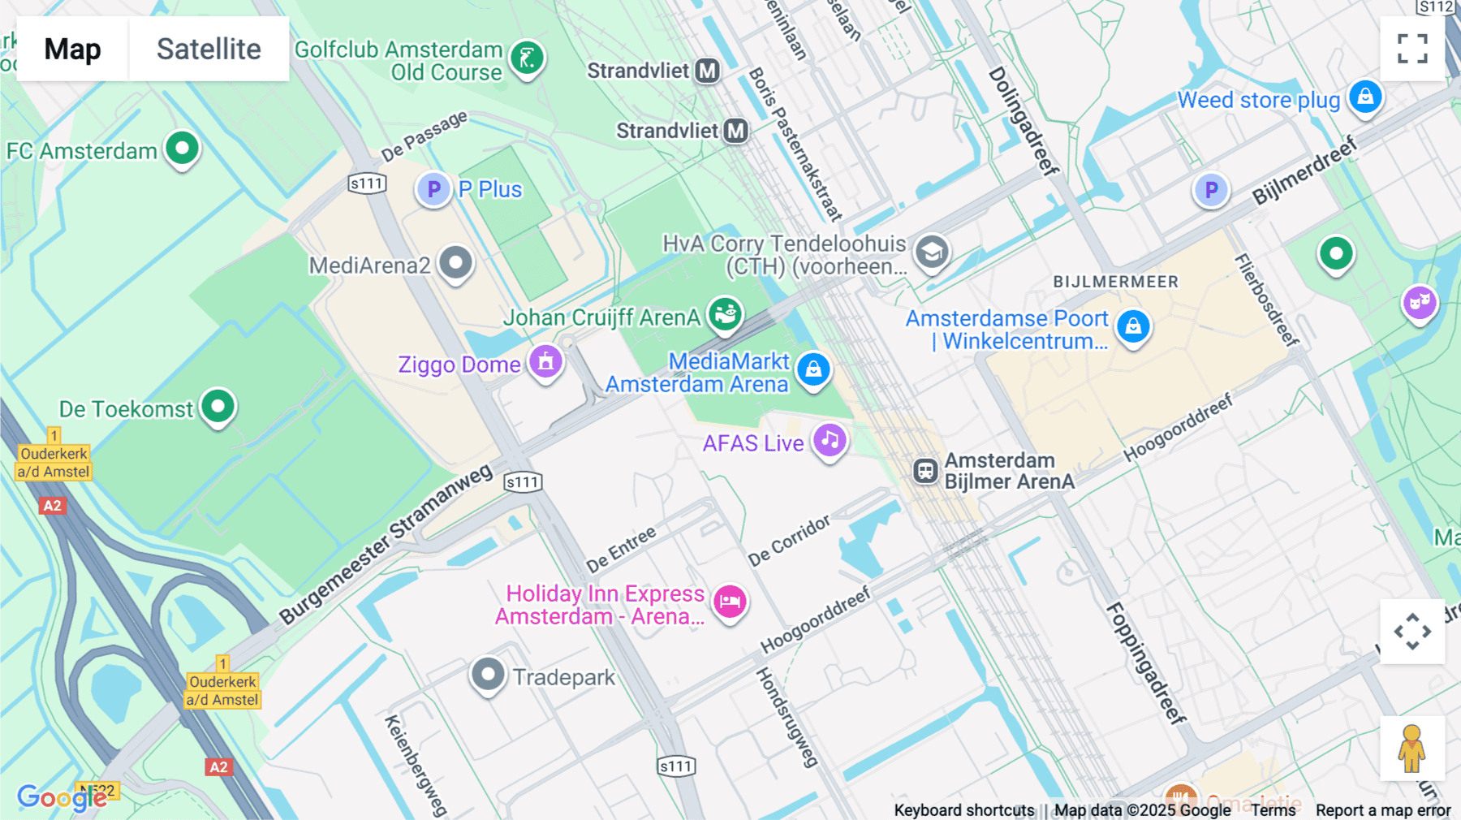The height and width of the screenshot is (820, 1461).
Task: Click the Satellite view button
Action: [x=209, y=49]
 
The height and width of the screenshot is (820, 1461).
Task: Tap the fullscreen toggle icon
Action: [x=1412, y=49]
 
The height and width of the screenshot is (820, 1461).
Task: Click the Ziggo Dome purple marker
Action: [x=545, y=361]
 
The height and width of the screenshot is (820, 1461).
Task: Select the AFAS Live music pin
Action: [x=830, y=441]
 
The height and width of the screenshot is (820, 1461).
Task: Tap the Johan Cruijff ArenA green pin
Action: [x=725, y=313]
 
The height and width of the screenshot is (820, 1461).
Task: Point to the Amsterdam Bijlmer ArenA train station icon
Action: [x=925, y=471]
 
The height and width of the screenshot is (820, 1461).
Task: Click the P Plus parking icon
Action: [x=434, y=190]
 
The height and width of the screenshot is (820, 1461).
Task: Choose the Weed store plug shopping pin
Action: [x=1365, y=97]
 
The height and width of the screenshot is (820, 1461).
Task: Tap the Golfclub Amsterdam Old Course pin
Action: [x=527, y=58]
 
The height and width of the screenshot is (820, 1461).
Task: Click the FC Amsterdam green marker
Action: [x=182, y=149]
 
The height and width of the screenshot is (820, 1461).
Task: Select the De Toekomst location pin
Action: [x=218, y=406]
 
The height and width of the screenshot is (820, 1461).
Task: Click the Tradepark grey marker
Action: [x=488, y=675]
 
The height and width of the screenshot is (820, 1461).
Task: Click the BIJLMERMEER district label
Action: [x=1115, y=282]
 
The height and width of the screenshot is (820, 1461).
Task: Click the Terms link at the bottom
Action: [x=1273, y=810]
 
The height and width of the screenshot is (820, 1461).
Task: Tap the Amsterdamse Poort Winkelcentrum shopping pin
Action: [x=1133, y=326]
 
